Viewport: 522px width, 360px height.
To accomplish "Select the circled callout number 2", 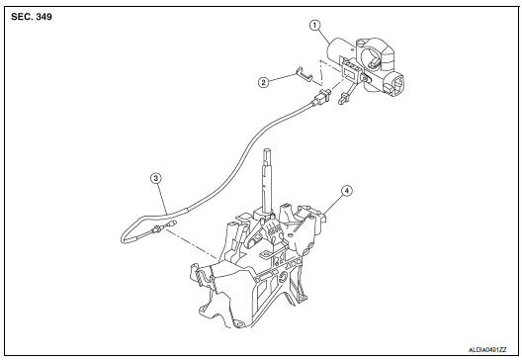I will (264, 82).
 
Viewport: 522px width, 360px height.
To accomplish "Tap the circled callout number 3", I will (155, 177).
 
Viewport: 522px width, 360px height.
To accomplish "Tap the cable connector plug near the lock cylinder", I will (321, 100).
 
